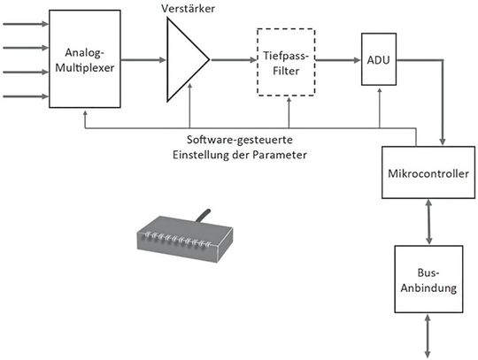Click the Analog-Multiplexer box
[x=85, y=59]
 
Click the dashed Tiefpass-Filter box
[x=285, y=63]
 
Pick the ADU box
[x=379, y=61]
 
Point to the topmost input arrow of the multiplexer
[x=25, y=24]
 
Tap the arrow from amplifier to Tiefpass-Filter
[x=232, y=60]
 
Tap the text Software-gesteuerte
[x=241, y=142]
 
